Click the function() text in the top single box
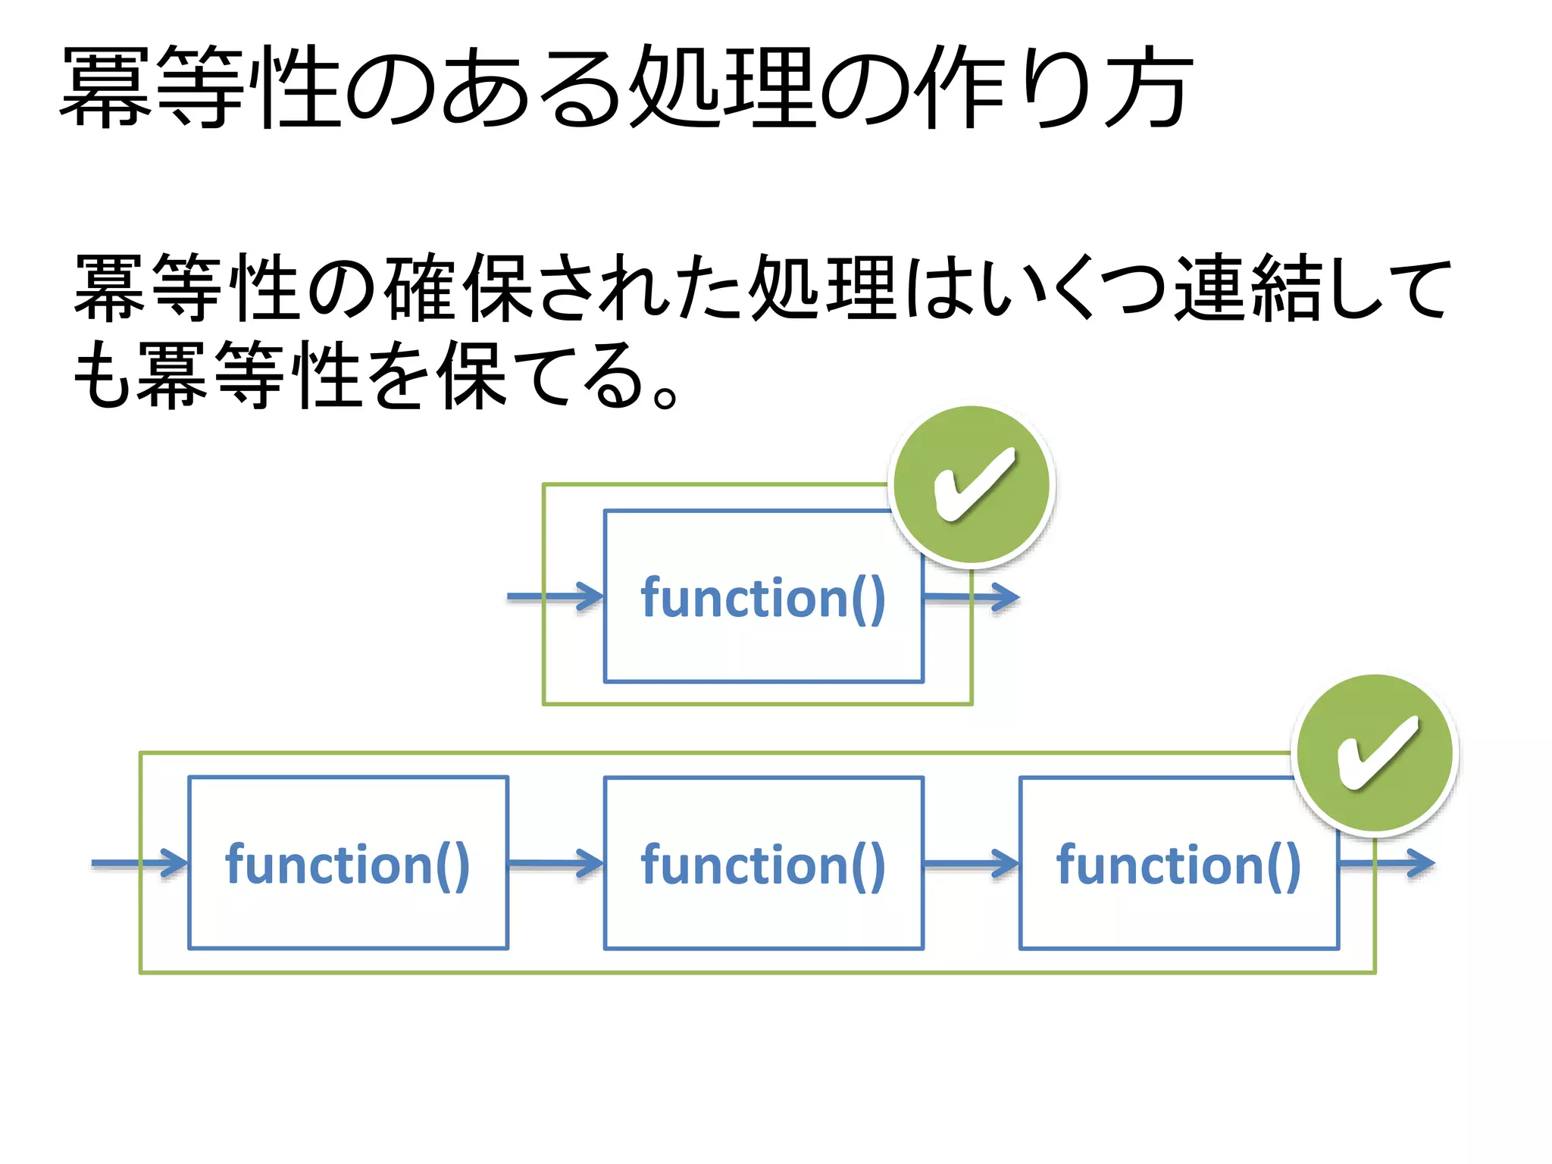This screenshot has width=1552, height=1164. coord(763,598)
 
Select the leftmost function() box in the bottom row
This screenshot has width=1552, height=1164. coord(348,863)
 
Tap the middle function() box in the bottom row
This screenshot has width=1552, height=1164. coord(763,863)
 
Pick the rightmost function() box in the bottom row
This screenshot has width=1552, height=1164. coord(1178,863)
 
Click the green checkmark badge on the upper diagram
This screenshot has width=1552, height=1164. coord(972,485)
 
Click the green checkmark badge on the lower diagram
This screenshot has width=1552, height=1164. coord(1375,753)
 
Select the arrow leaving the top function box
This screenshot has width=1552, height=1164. coord(972,597)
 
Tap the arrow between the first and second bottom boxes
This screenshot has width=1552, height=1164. coord(555,863)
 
